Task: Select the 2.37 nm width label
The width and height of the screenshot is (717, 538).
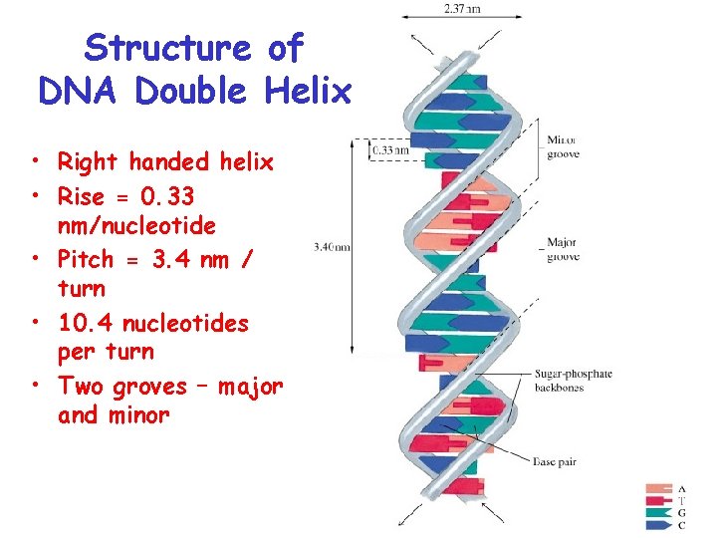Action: click(x=461, y=10)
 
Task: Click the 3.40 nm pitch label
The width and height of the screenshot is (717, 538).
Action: click(x=331, y=247)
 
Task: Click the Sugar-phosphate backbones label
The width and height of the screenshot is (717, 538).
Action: click(x=573, y=381)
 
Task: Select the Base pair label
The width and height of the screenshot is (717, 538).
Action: click(x=555, y=461)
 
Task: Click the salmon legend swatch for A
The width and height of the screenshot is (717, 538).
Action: click(x=660, y=489)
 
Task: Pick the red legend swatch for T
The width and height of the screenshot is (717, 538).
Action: click(x=660, y=501)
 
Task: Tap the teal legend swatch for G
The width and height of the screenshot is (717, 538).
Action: click(x=660, y=512)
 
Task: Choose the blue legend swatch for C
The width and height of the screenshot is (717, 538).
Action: click(x=660, y=524)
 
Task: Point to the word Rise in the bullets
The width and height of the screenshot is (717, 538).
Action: click(x=81, y=197)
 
